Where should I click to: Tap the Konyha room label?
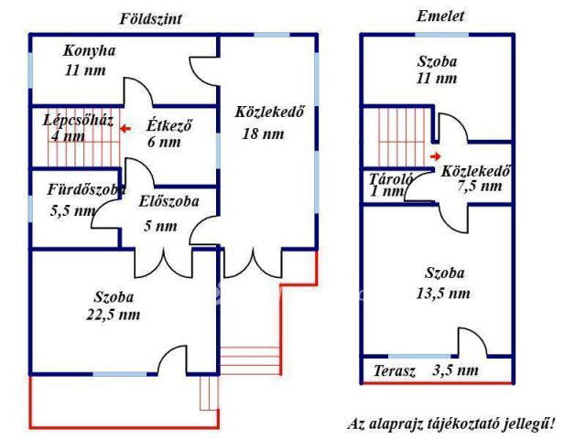coord(89,51)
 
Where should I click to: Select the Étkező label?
coord(168,126)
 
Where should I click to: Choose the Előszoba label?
coord(168,202)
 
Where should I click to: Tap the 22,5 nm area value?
coord(116,316)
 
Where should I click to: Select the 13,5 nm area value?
coord(446,294)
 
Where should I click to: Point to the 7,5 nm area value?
coord(479,187)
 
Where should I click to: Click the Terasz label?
coord(395,371)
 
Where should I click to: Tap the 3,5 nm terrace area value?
coord(455,371)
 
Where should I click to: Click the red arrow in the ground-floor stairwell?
coord(125,129)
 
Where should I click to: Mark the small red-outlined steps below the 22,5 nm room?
coord(210,393)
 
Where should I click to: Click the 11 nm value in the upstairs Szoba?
coord(436,80)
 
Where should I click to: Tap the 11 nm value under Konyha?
coord(83,70)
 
